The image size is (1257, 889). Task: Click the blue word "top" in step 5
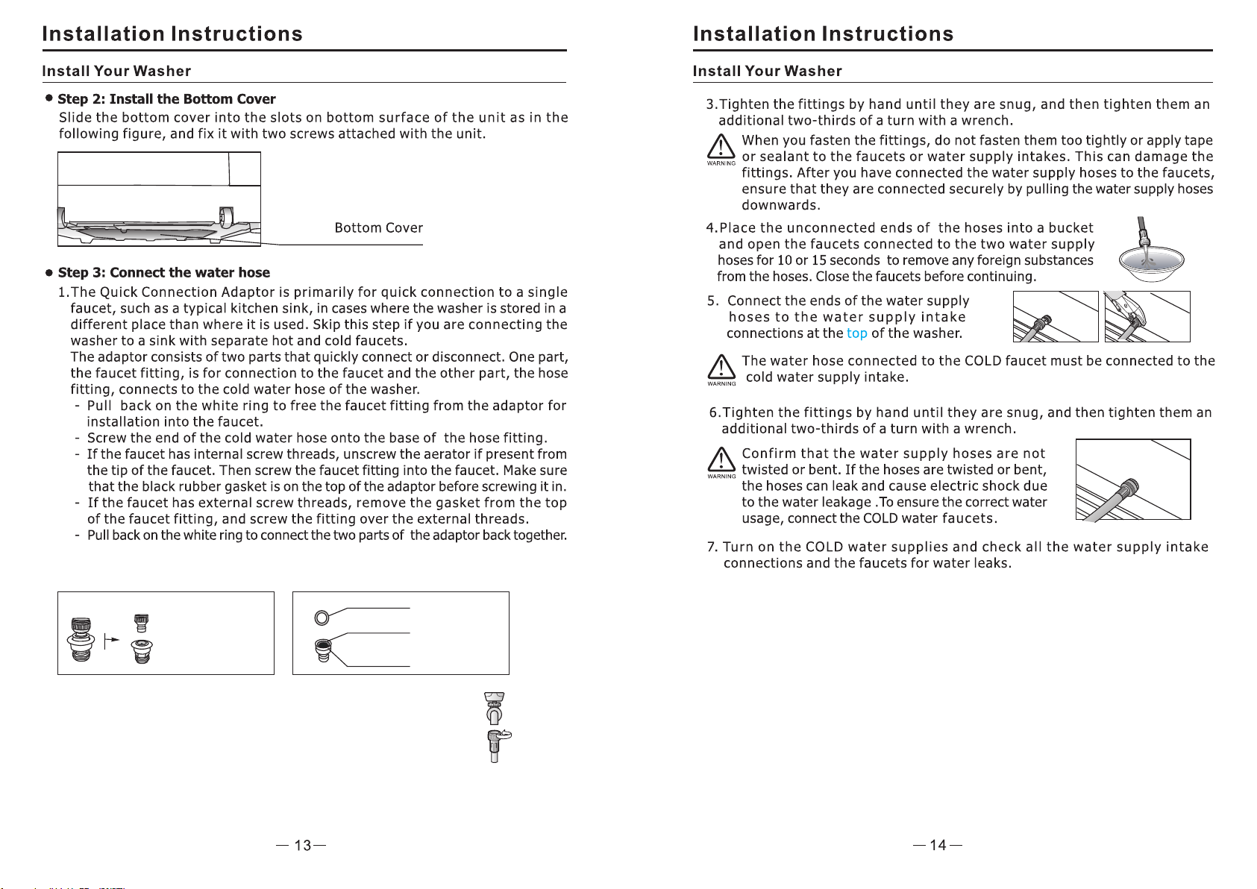(856, 333)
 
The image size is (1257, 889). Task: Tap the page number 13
(302, 845)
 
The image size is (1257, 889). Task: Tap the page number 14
(938, 845)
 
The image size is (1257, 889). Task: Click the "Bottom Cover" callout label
(378, 228)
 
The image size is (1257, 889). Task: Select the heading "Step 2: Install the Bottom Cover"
(166, 99)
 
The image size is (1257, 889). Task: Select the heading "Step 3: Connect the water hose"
(163, 273)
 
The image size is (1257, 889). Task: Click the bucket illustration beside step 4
(1150, 257)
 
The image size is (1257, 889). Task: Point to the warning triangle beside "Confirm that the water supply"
(721, 459)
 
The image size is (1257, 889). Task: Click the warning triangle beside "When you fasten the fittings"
(721, 147)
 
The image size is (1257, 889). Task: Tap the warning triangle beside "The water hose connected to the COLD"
(721, 367)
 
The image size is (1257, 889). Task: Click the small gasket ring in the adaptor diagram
(322, 618)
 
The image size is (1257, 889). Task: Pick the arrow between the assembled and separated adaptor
(112, 640)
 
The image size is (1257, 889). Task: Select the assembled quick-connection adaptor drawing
(81, 640)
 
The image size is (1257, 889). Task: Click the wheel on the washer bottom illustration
(225, 217)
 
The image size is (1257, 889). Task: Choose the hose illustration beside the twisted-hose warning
(1132, 480)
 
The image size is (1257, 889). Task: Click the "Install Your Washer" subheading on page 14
(767, 72)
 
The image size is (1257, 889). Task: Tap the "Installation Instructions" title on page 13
(172, 34)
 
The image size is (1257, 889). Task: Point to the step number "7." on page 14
(712, 547)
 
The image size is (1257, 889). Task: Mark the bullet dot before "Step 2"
(49, 98)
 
